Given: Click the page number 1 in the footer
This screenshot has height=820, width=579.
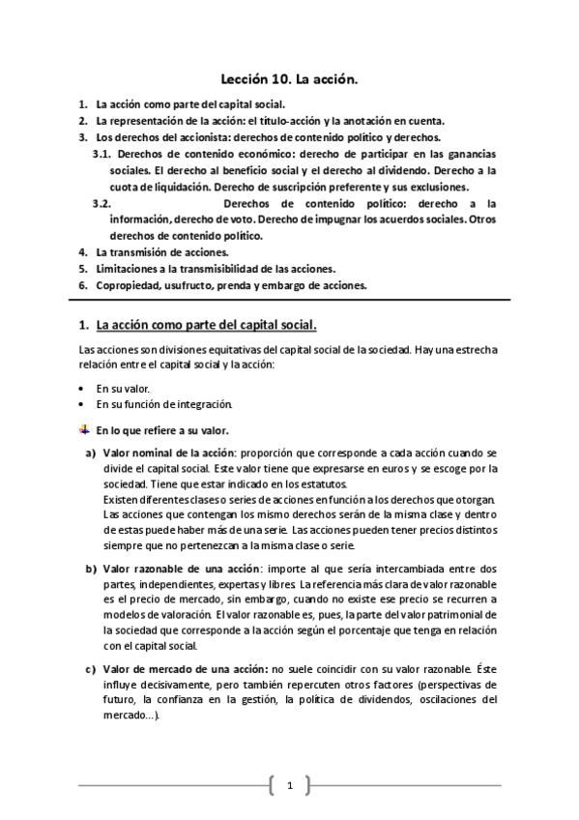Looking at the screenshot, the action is pyautogui.click(x=289, y=786).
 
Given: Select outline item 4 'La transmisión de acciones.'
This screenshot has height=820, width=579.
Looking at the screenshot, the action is pyautogui.click(x=161, y=251).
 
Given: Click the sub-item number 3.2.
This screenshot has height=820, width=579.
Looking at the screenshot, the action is pyautogui.click(x=101, y=203).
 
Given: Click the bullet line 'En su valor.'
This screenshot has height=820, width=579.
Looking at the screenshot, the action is pyautogui.click(x=123, y=387).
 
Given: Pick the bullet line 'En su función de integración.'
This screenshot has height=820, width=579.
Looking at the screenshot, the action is pyautogui.click(x=164, y=403).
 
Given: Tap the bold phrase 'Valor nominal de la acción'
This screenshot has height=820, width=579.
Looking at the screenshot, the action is pyautogui.click(x=168, y=453).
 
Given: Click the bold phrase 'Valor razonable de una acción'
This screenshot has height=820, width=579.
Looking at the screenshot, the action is pyautogui.click(x=177, y=568).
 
